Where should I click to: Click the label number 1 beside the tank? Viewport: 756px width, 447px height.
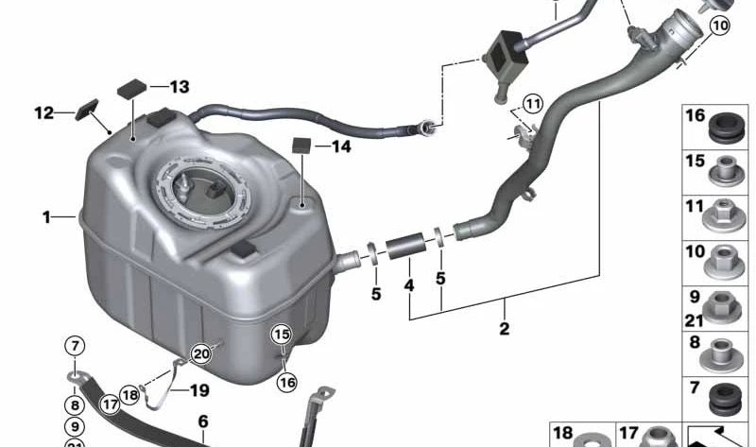click(45, 217)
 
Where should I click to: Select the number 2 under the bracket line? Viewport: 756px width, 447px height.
click(504, 329)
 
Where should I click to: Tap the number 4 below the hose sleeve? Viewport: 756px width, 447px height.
click(409, 284)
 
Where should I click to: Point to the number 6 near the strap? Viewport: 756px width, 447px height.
click(202, 421)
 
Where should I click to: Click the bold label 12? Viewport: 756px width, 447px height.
click(44, 113)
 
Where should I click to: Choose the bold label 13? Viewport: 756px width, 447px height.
click(179, 87)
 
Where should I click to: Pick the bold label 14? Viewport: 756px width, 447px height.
click(339, 146)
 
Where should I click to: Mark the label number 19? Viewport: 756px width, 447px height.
click(198, 390)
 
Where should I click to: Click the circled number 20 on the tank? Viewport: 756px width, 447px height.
click(199, 353)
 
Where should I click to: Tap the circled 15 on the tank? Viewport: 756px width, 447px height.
click(282, 334)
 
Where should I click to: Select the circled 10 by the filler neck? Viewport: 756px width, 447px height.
click(720, 26)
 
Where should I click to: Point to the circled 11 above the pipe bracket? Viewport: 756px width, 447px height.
click(534, 103)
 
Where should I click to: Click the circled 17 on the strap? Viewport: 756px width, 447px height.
click(111, 404)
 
